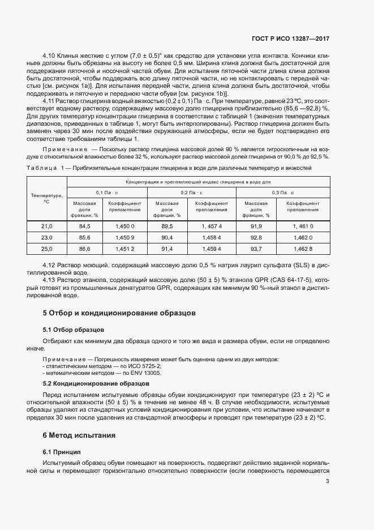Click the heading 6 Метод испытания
[79, 435]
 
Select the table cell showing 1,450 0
[124, 226]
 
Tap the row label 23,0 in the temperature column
[47, 237]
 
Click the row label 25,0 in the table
[47, 249]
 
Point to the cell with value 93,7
[256, 249]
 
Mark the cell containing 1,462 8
[303, 249]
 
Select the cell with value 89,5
[167, 226]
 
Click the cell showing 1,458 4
[212, 237]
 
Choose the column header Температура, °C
[47, 198]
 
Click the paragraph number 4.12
[50, 265]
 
